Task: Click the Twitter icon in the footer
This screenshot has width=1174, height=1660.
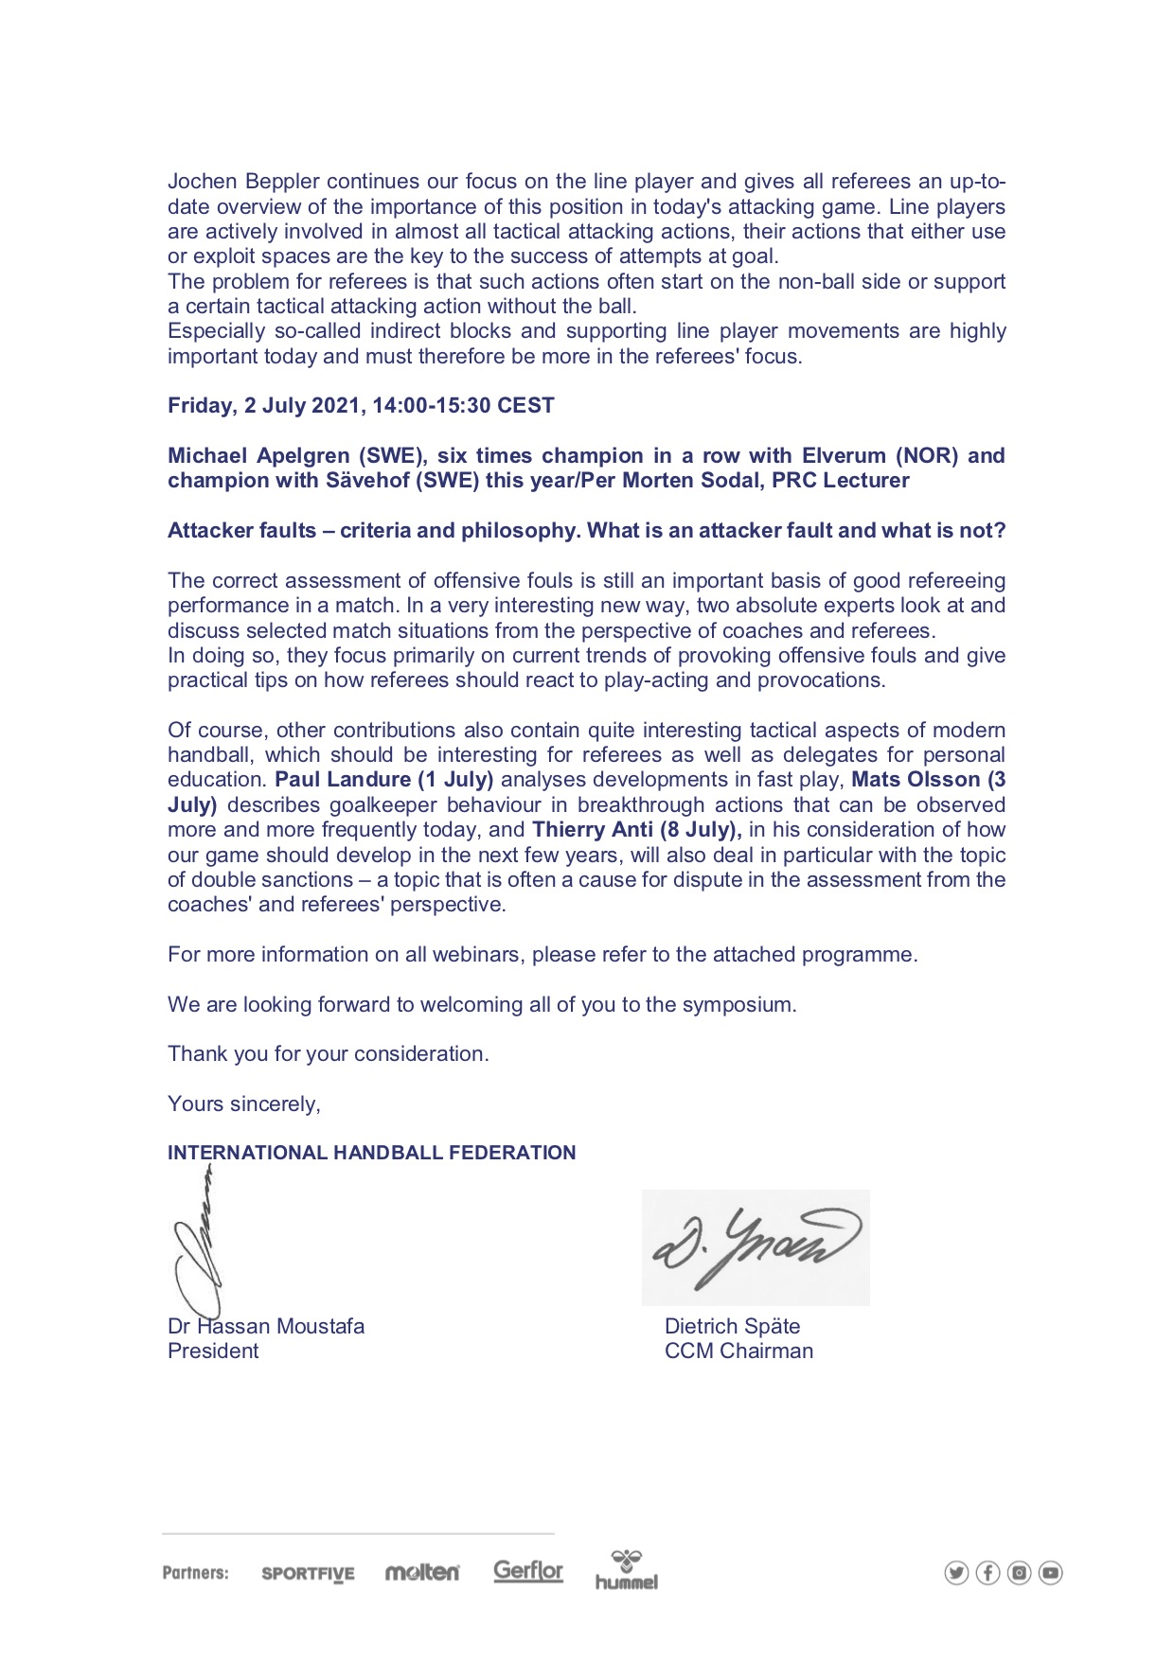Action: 956,1573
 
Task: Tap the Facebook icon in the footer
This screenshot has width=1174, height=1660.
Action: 987,1573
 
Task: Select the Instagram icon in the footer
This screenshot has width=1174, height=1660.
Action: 1019,1573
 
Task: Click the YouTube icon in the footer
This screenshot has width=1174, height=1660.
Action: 1050,1573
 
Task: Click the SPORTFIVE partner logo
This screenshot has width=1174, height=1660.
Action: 308,1574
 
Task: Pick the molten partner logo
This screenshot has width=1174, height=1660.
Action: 422,1572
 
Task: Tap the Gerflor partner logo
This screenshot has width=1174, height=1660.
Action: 528,1571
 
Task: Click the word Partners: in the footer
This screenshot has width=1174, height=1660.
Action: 196,1573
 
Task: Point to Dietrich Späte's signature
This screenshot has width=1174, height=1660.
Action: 756,1247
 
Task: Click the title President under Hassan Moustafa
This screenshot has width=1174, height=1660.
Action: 213,1351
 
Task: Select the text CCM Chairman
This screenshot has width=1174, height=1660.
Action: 738,1351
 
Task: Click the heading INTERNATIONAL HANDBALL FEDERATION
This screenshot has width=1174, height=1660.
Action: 371,1153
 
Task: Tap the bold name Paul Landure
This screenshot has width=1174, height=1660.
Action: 343,780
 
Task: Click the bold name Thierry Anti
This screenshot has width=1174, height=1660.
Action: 593,830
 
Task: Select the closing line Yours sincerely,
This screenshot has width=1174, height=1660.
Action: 244,1104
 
